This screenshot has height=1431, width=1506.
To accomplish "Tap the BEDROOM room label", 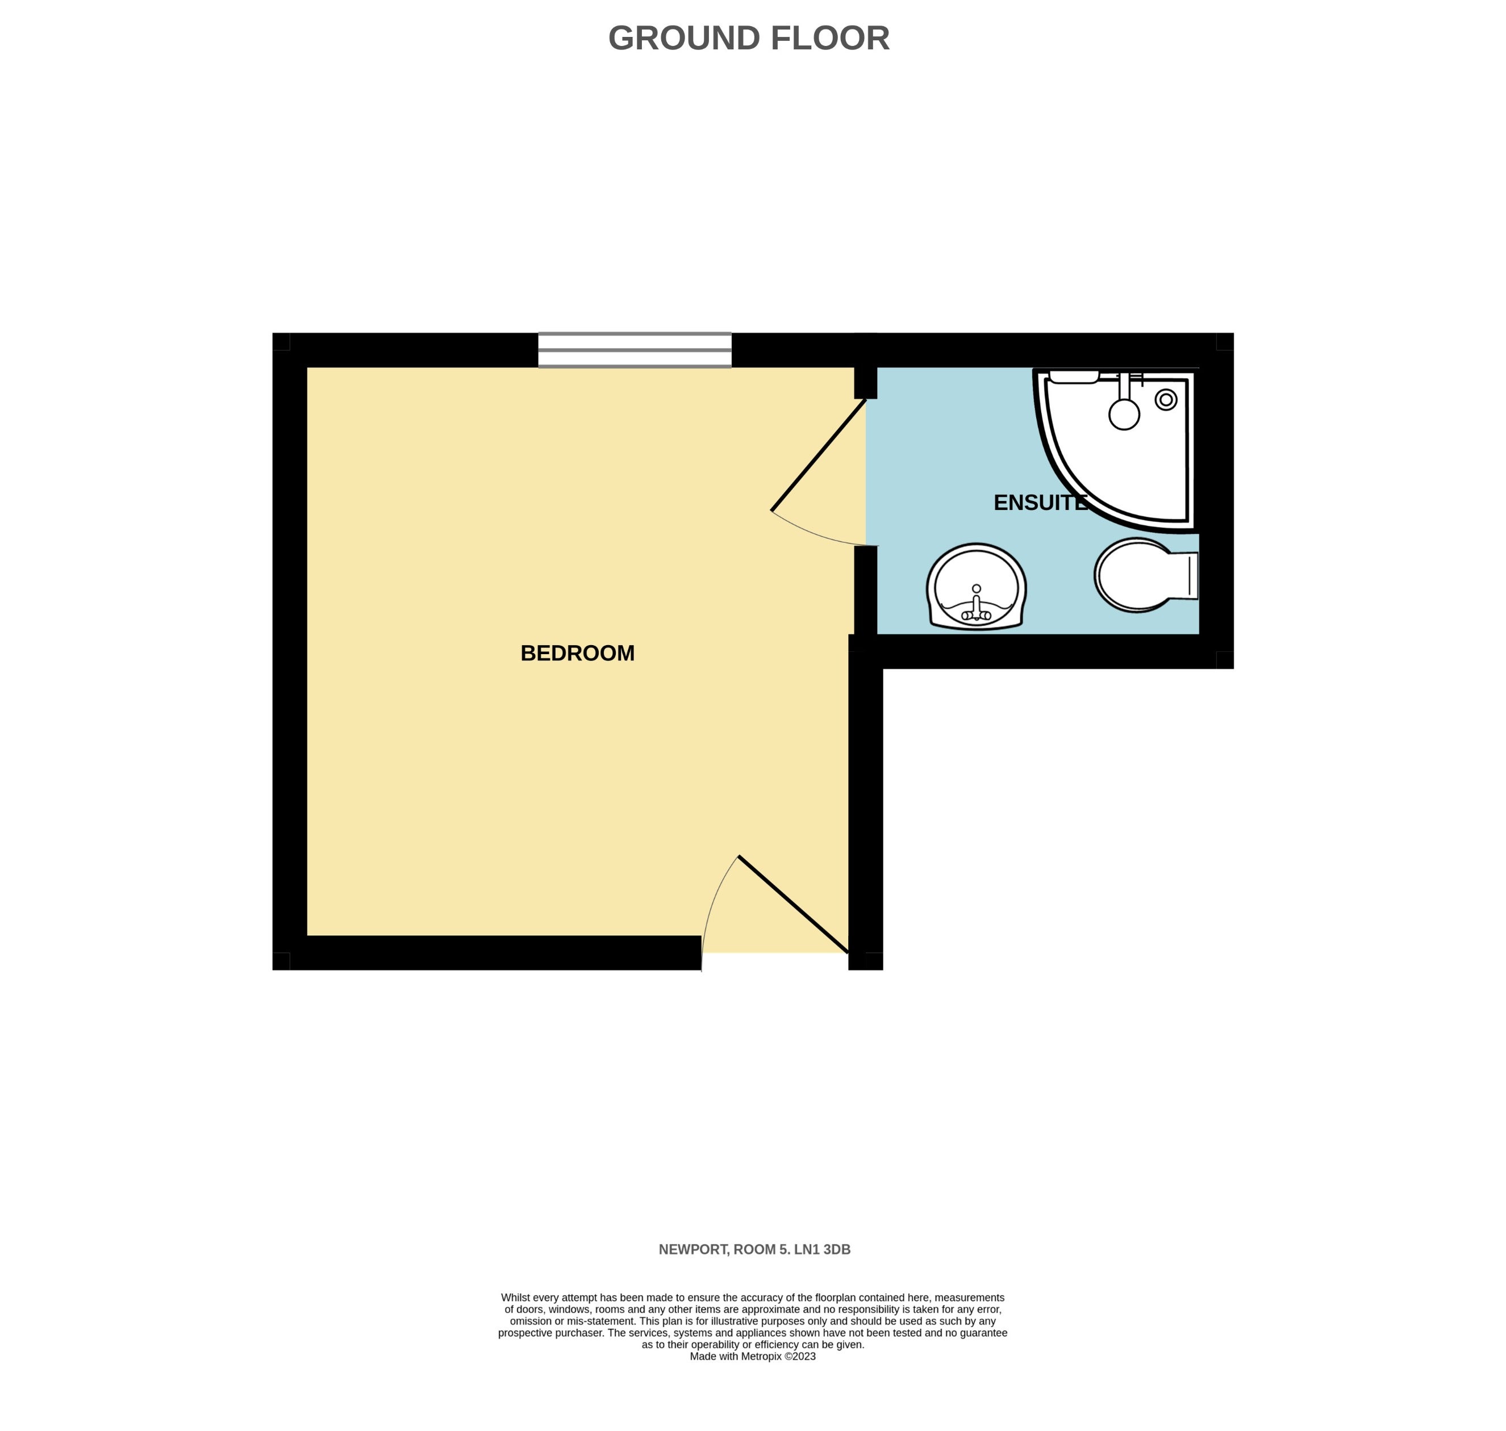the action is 578,653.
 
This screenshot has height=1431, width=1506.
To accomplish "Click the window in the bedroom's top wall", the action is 635,350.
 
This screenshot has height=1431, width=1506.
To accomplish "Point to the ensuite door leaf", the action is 819,455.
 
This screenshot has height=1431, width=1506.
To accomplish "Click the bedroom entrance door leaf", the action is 794,905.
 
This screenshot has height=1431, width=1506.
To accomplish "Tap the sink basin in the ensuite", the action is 976,587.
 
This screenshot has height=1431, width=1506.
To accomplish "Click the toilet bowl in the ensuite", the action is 1134,575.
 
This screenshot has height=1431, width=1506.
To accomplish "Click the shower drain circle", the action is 1166,400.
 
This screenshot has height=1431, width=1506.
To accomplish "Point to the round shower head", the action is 1124,414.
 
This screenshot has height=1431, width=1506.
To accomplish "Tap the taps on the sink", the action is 976,606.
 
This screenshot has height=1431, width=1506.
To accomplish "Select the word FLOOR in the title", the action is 830,38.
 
